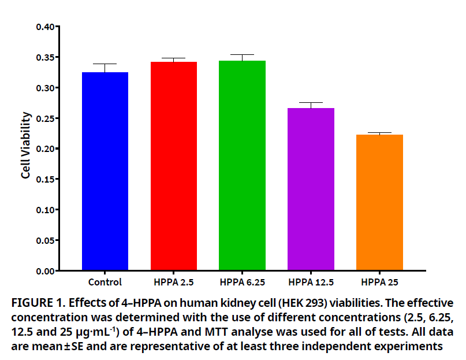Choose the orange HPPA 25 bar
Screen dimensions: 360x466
(x=379, y=202)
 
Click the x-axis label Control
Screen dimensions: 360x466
(x=105, y=283)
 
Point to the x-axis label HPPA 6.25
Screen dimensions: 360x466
(x=243, y=283)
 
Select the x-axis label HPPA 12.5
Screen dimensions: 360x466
(x=311, y=283)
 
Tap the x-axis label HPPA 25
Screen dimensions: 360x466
(x=379, y=283)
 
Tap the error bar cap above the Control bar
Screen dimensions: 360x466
(x=105, y=64)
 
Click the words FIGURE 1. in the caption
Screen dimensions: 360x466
(x=35, y=303)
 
